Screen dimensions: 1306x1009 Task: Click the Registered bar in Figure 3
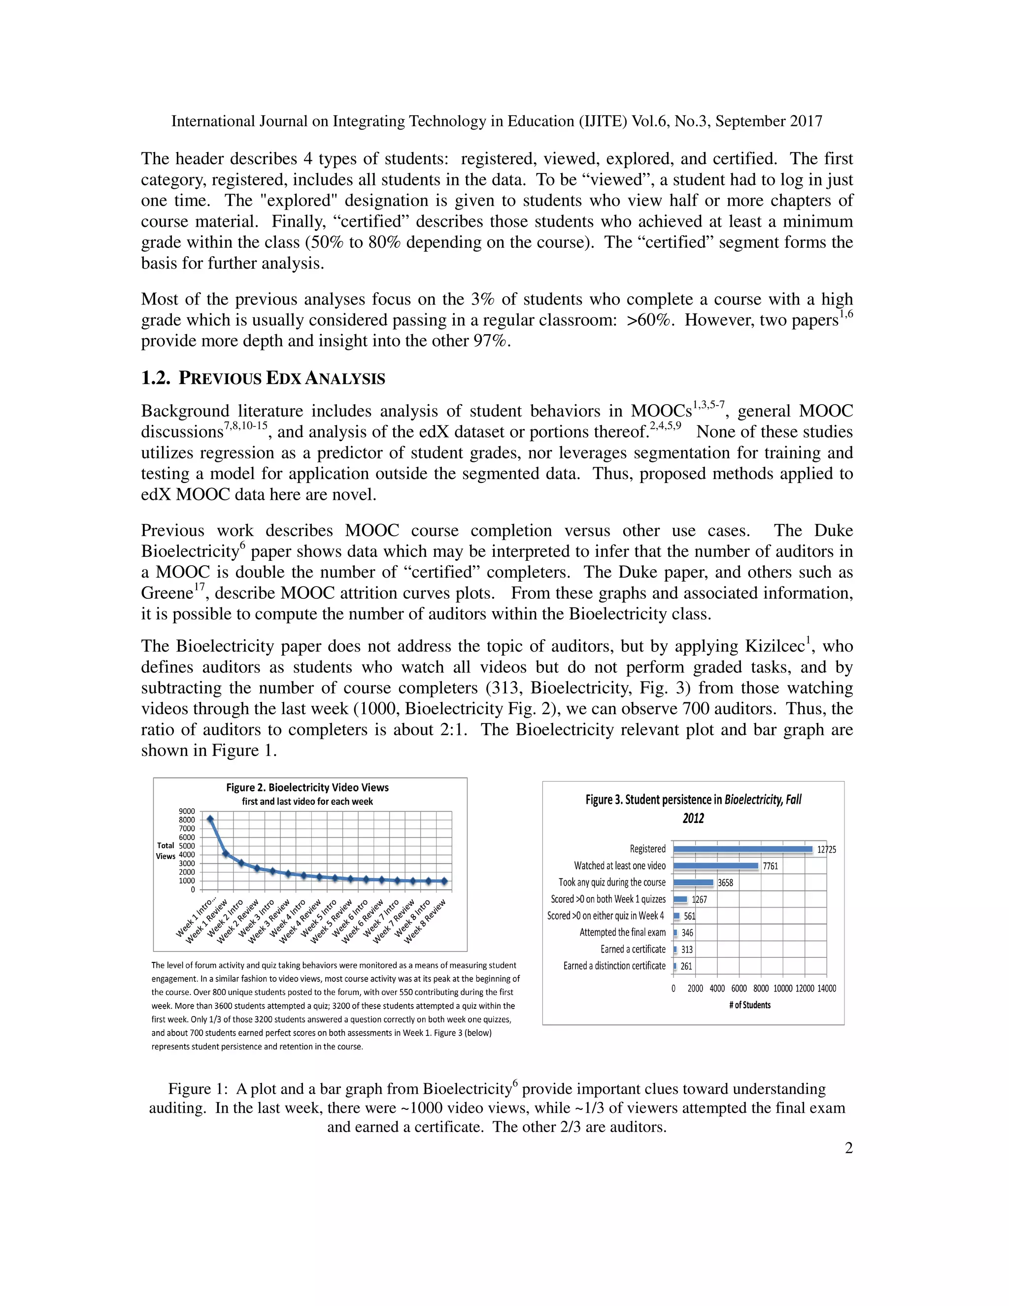pos(742,849)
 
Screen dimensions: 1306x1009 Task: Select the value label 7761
pos(770,866)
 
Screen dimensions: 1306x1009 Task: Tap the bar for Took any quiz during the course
pos(693,883)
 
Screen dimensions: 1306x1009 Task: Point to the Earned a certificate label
pos(633,949)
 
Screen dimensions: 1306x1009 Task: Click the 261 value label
pos(687,966)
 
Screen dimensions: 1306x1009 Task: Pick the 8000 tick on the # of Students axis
pos(761,989)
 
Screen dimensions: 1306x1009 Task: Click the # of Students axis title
pos(749,1005)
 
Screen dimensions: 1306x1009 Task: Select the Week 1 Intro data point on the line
pos(210,819)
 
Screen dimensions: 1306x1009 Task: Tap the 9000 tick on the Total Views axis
pos(187,812)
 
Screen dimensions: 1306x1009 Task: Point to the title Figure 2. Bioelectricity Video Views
pos(307,788)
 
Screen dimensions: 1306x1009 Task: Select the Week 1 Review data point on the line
pos(225,854)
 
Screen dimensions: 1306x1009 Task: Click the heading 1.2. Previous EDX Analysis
pos(263,378)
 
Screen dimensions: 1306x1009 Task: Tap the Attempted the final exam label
pos(622,932)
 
